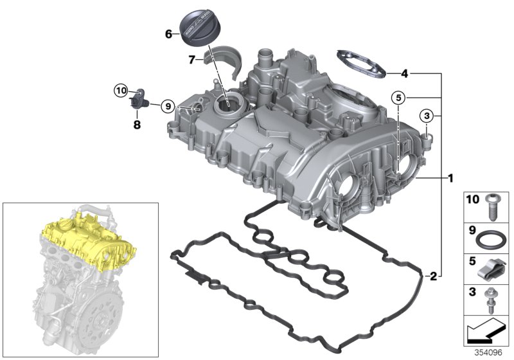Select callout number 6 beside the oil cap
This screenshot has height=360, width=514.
(x=169, y=34)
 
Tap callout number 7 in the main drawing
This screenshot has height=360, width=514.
(x=191, y=60)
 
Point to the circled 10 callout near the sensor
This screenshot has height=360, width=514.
(x=122, y=91)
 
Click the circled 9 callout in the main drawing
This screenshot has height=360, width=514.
(x=167, y=106)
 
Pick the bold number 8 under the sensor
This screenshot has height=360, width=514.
(x=137, y=125)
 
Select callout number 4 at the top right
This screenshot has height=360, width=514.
(x=404, y=73)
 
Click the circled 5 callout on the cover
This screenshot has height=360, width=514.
(x=398, y=98)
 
